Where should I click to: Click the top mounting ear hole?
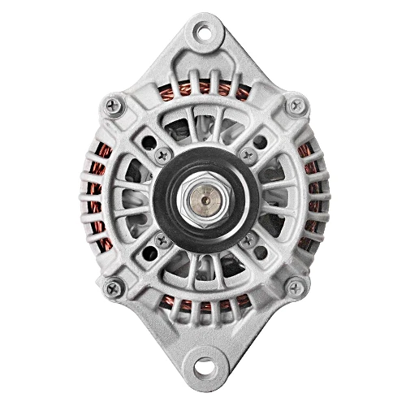201,33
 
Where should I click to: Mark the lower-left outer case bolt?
113,285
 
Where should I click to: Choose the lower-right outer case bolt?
296,285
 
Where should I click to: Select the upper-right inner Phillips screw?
249,153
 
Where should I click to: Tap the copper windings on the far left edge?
97,195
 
